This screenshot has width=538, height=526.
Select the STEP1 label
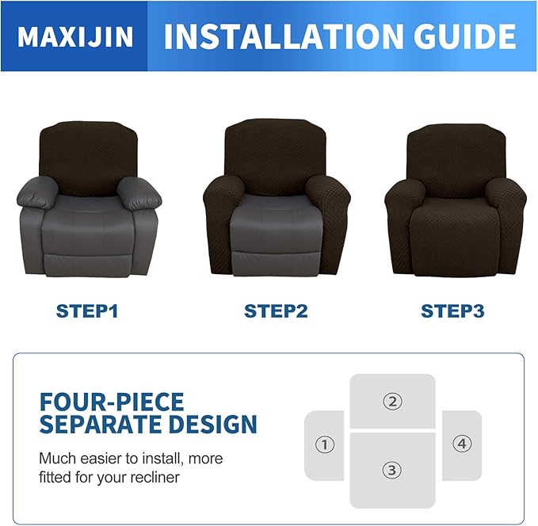pyautogui.click(x=87, y=311)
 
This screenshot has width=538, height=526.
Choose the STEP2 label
pyautogui.click(x=275, y=311)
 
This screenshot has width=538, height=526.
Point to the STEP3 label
pyautogui.click(x=452, y=311)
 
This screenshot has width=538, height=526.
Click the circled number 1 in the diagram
pyautogui.click(x=324, y=445)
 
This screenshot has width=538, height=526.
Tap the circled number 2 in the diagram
pyautogui.click(x=392, y=401)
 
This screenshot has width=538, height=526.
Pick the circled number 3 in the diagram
pyautogui.click(x=391, y=470)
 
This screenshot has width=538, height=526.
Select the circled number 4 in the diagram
pyautogui.click(x=462, y=444)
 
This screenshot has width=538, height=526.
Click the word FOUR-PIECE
pyautogui.click(x=112, y=401)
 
